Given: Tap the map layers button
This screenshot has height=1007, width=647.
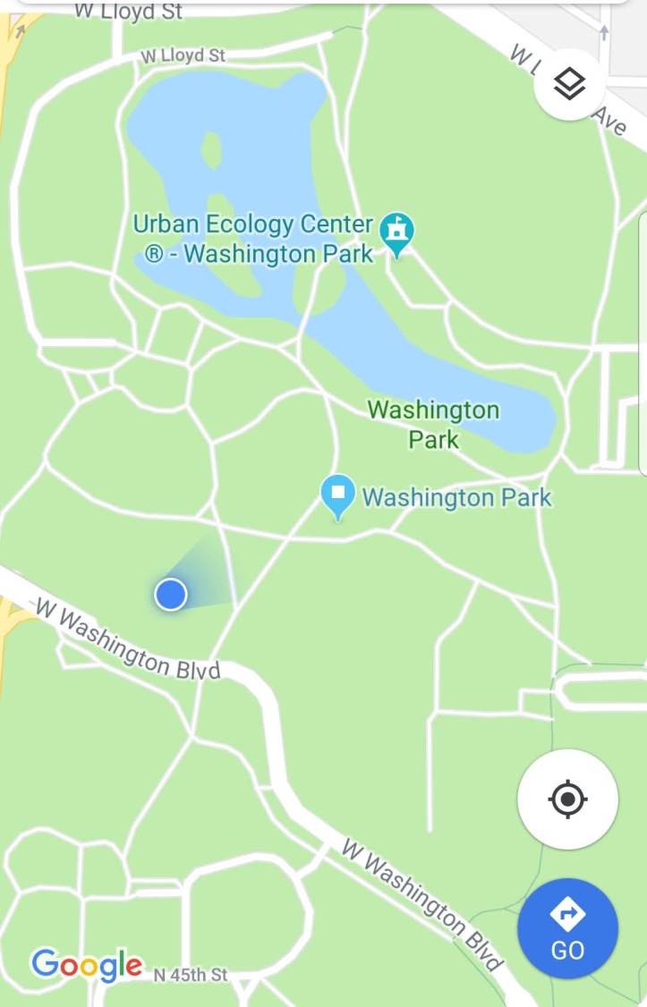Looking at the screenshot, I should tap(570, 84).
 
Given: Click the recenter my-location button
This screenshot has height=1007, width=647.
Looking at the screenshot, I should tap(567, 799).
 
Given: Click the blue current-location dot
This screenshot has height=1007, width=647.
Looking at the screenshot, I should tap(170, 594).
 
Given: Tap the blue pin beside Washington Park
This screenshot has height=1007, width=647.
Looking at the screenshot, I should tap(338, 495).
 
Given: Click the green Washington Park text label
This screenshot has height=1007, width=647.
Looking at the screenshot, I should tap(433, 424).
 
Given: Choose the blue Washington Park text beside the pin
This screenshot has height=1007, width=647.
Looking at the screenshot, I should tap(456, 496).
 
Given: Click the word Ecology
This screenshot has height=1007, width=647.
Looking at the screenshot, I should tap(251, 224).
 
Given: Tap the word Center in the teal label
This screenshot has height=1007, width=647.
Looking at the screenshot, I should tap(338, 224).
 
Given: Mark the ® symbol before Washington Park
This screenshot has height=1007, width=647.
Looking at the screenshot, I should tap(154, 256).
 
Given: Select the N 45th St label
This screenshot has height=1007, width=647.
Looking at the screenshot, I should tap(190, 975).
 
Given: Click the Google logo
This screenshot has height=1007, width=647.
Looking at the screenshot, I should tap(86, 966).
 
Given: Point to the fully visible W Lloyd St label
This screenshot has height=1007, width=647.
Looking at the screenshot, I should tap(183, 55).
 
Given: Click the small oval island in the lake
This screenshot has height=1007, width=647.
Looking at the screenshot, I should tap(211, 149).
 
